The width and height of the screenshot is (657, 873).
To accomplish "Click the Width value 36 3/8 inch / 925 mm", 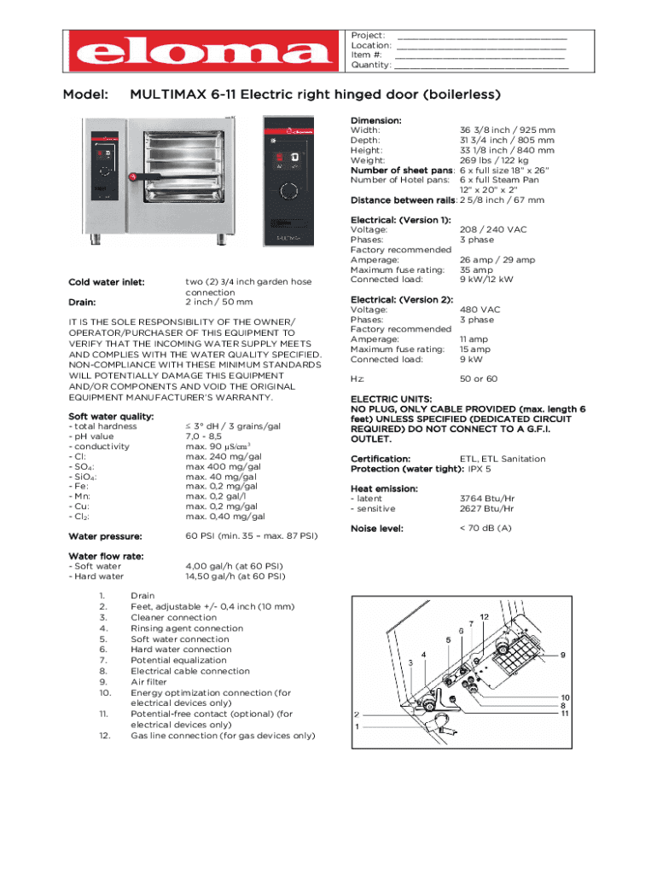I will click(507, 130).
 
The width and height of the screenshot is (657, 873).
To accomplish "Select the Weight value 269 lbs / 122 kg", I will click(494, 160).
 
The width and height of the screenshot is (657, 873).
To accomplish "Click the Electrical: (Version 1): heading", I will click(401, 220).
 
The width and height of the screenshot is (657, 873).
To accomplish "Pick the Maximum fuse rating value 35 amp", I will click(474, 270).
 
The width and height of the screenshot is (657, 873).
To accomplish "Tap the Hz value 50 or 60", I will click(479, 379).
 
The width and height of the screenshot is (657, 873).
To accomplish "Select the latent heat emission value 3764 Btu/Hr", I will click(486, 499).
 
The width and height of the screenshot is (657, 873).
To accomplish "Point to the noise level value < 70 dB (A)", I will click(485, 529).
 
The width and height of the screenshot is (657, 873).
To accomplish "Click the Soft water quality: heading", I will click(111, 416).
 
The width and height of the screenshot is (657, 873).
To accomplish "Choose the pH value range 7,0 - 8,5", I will click(207, 436).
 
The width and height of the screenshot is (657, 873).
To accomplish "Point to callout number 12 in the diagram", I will click(484, 616).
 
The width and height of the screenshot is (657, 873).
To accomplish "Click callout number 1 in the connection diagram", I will click(357, 726).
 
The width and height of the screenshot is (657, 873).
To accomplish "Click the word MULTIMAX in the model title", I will click(167, 94).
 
